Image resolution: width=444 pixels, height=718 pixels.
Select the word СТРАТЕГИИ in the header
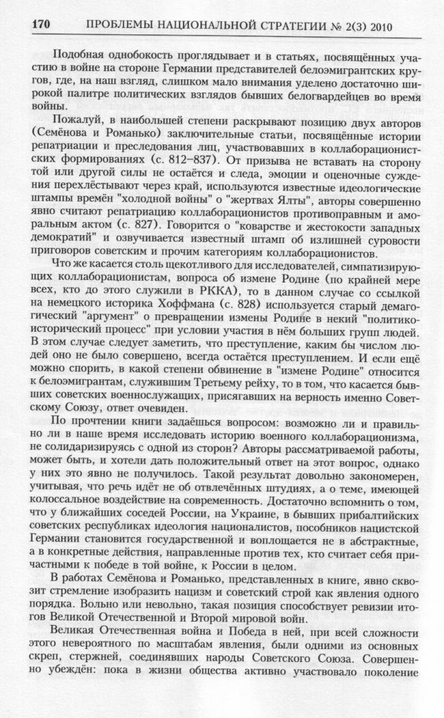coord(287,27)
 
